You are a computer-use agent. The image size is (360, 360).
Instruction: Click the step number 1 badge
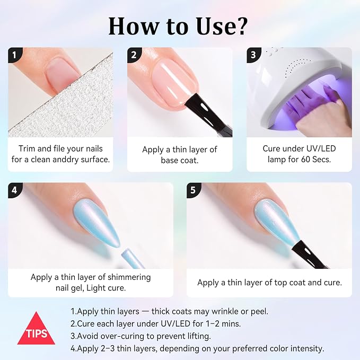[14, 55]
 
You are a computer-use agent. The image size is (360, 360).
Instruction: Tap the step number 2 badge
[134, 55]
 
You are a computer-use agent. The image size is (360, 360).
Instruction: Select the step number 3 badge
[253, 55]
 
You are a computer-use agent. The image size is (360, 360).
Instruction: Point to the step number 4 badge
[14, 190]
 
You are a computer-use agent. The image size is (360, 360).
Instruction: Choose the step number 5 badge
[193, 190]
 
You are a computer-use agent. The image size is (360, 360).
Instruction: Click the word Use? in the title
[222, 27]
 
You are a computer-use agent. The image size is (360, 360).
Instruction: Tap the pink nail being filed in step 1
[63, 74]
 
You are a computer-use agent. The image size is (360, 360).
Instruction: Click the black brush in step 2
[208, 115]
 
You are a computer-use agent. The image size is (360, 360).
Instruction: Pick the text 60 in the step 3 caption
[305, 160]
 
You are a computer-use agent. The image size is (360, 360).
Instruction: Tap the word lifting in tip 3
[198, 336]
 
